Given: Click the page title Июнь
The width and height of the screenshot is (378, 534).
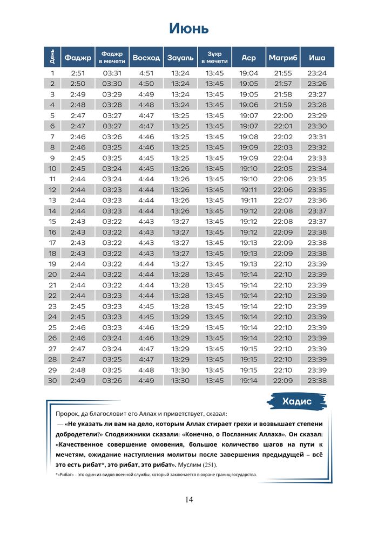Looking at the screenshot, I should [189, 28].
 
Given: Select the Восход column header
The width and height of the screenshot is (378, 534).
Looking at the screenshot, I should [146, 57].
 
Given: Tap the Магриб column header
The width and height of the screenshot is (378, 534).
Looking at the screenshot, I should [283, 57].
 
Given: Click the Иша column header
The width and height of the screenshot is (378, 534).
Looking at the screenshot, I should [317, 57].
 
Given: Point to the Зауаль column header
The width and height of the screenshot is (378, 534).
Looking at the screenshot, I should [180, 57].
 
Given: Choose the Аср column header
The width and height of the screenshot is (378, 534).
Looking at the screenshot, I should [249, 57].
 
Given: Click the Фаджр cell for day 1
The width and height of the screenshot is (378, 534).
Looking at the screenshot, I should [78, 73].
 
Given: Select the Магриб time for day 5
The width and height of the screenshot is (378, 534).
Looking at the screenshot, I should [283, 115].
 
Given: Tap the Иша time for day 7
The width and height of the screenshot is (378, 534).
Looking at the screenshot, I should [317, 137].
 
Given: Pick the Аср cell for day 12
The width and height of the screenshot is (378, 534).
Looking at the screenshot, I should [249, 190].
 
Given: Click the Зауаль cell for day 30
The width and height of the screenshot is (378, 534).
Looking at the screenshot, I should [180, 381].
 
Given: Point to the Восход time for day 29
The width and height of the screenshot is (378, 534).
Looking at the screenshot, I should [146, 370].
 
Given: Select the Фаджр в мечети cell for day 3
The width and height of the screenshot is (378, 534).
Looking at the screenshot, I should [112, 94].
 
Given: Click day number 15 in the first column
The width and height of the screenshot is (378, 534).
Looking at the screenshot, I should [52, 222].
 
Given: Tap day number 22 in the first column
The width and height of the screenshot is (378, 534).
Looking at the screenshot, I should [52, 296].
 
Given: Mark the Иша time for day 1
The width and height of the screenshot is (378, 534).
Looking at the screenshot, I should [317, 73].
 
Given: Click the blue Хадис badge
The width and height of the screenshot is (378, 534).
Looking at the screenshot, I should [297, 401].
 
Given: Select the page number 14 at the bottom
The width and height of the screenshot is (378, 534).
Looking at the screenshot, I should [189, 499].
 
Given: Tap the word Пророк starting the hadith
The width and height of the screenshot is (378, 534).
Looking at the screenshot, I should [67, 414].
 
